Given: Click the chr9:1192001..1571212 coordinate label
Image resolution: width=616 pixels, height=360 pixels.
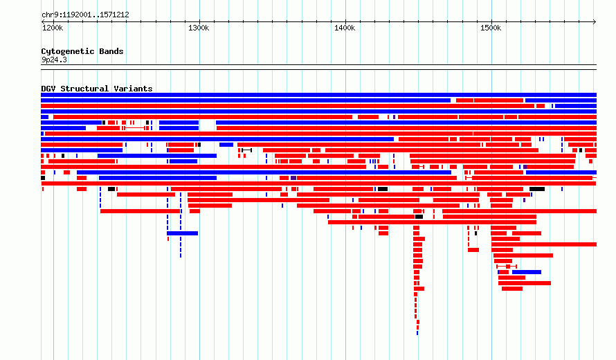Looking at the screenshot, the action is click(x=85, y=15).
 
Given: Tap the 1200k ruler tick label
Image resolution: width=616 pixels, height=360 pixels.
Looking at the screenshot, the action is click(x=53, y=28).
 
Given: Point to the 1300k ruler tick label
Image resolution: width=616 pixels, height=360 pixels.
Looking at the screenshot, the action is click(x=199, y=28).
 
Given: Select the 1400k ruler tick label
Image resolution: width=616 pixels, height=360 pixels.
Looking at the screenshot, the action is click(x=345, y=28).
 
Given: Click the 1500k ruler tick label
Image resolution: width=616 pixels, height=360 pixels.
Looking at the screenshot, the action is click(x=491, y=28).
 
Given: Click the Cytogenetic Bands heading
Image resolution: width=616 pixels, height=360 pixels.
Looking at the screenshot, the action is click(x=82, y=51).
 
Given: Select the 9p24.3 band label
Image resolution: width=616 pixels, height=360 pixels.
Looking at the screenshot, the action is click(x=54, y=60).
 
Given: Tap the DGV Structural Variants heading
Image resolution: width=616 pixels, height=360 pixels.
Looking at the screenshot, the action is click(x=97, y=89).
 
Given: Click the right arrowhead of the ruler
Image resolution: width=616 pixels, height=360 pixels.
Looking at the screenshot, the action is click(x=595, y=21).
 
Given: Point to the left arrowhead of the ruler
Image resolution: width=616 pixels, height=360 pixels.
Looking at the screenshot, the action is click(x=42, y=21).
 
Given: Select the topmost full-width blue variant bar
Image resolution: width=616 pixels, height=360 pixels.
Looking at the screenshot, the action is click(x=318, y=95).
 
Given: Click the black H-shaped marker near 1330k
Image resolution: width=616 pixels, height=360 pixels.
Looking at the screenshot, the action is click(x=246, y=150).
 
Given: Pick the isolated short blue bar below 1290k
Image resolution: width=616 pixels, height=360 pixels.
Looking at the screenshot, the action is click(x=182, y=233).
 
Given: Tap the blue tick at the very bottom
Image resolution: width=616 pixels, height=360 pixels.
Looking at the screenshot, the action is click(x=417, y=333).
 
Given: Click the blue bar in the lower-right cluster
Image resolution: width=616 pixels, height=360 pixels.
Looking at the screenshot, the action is click(x=527, y=272).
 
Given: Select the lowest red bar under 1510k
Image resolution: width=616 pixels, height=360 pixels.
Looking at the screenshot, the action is click(x=512, y=289).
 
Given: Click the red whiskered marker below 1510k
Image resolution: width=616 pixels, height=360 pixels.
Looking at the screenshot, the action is click(x=507, y=267).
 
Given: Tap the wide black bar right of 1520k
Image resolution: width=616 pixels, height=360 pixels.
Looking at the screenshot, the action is click(x=537, y=189).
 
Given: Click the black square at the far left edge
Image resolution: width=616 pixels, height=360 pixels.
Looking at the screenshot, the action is click(x=43, y=178).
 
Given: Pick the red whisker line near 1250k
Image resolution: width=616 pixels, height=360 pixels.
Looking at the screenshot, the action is click(x=135, y=128).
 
